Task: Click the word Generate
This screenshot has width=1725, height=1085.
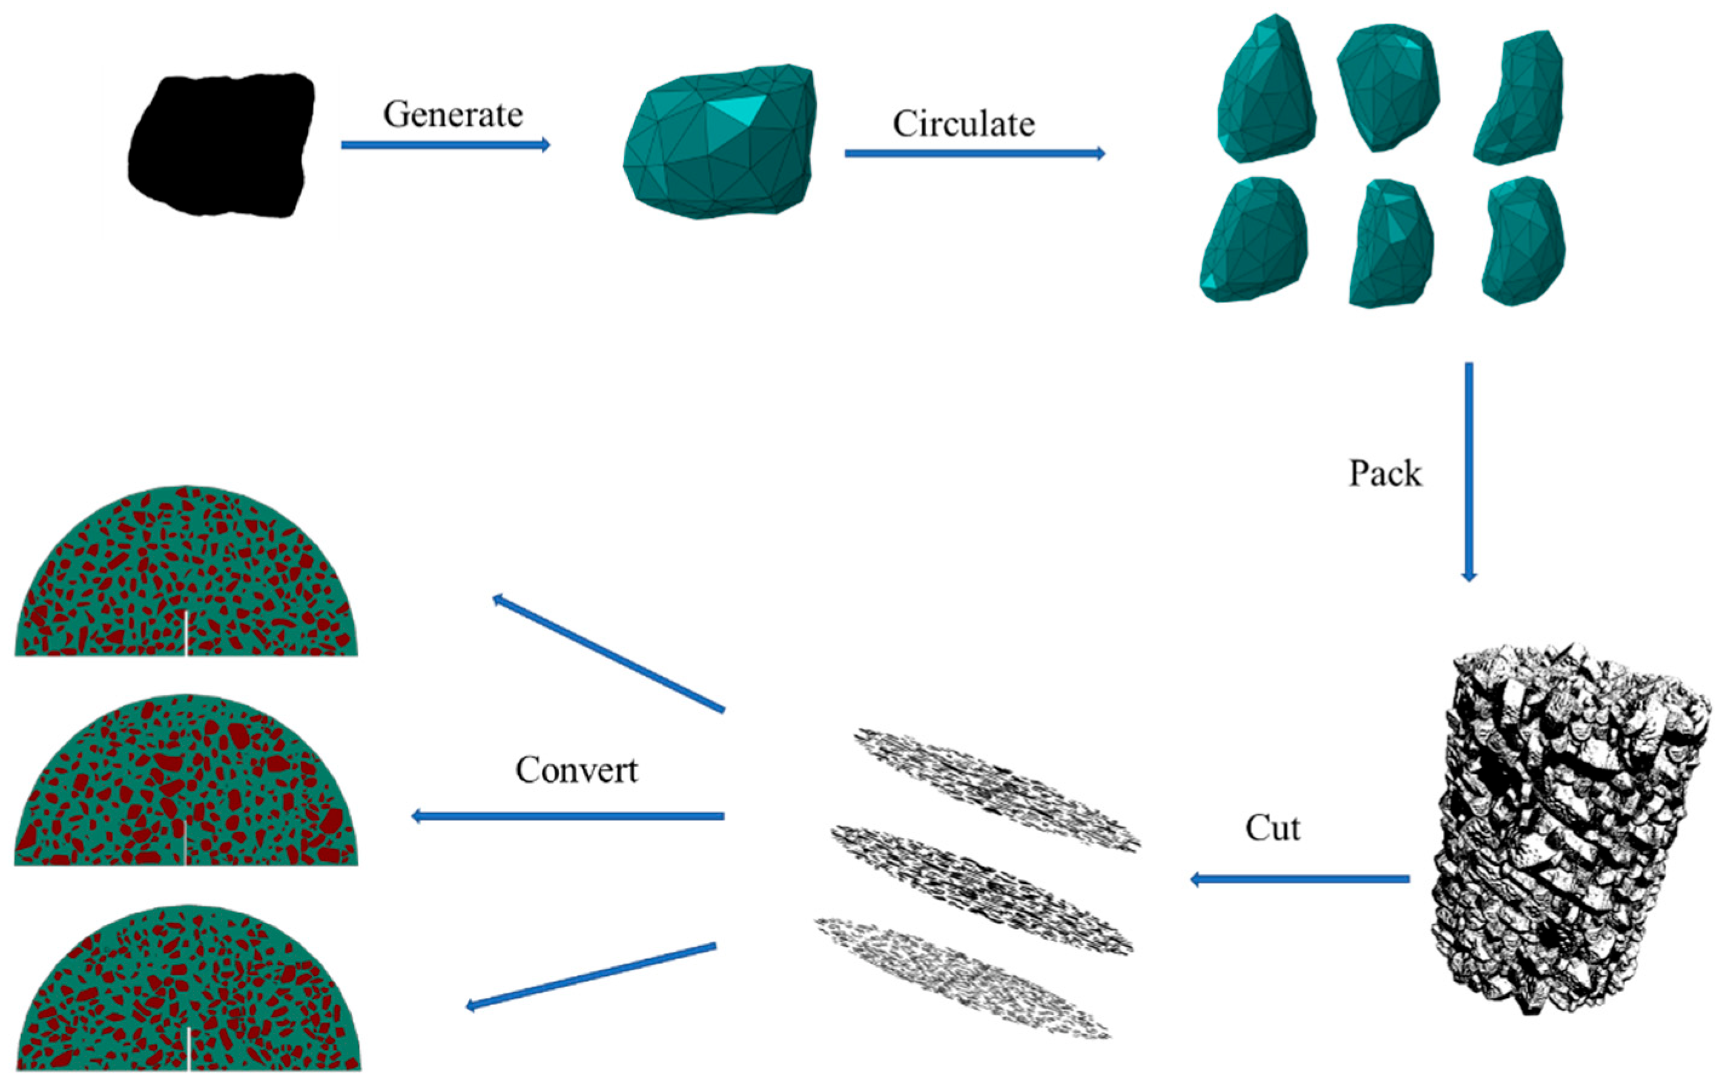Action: pos(453,114)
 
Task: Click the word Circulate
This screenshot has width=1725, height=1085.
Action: pos(963,124)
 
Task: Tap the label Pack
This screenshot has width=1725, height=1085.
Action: pos(1384,473)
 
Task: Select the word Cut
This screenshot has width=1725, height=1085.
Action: pos(1272,828)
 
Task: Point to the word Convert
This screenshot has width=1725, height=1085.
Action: pos(576,770)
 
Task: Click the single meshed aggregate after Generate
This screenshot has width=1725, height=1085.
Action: pos(720,143)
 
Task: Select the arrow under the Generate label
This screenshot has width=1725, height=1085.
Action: pos(445,145)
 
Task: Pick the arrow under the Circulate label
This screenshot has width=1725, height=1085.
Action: pos(974,153)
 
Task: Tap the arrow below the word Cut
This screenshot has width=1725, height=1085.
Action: pos(1299,879)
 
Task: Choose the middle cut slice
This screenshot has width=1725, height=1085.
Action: pos(981,888)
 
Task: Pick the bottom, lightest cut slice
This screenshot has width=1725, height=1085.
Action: pos(963,977)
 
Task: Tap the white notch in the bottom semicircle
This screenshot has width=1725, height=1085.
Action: pos(188,1049)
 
